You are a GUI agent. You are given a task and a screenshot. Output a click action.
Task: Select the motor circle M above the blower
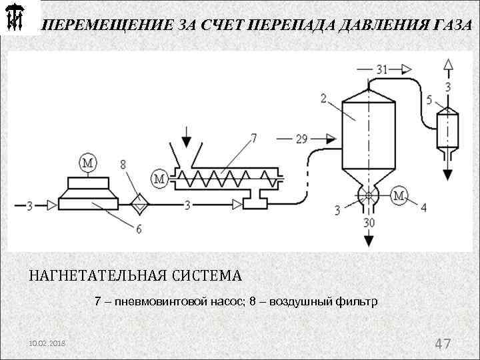88,161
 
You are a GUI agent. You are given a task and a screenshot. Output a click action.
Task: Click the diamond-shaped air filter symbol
140,203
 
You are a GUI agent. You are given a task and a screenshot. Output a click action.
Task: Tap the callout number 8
123,165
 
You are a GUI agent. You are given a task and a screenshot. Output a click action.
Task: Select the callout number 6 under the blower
139,229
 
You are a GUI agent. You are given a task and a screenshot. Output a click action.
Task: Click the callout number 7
253,138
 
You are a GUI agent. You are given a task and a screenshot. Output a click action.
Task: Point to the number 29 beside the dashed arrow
301,139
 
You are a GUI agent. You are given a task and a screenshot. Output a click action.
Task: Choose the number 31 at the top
381,69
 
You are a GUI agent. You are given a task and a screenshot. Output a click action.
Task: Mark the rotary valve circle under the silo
366,196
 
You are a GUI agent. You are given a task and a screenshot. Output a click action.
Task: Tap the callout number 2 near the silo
323,99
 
